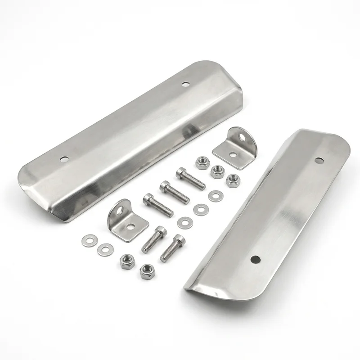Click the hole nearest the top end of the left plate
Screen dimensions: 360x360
pos(185,84)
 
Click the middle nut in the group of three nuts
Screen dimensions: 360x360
pos(218,171)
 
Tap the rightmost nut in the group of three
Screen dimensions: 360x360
pos(233,180)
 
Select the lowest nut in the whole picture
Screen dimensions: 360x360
pos(145,270)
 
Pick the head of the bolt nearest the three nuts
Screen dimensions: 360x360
pos(181,171)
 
